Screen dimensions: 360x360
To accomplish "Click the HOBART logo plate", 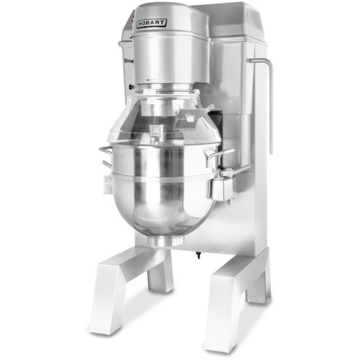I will pos(151,23).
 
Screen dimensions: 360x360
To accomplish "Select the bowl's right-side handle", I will pos(218,156).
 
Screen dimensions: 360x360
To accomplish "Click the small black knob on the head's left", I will pos(131,87).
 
